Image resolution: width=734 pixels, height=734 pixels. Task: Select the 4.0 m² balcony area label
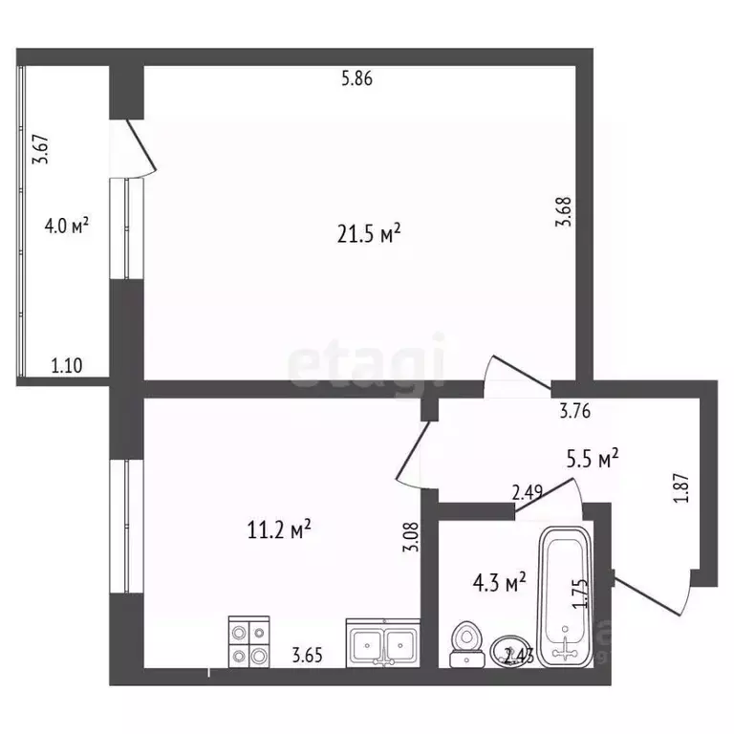click(67, 227)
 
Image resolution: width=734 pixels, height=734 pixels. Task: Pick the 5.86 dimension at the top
click(356, 80)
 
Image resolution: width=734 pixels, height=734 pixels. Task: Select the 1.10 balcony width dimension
click(66, 364)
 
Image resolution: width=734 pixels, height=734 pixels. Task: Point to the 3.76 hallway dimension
click(575, 414)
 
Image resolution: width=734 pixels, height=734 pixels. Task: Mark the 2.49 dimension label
click(529, 493)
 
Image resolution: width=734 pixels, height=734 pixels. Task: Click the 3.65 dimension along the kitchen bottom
click(307, 655)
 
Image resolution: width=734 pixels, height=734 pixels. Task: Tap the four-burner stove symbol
click(249, 642)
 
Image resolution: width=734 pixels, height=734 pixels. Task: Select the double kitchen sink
click(382, 643)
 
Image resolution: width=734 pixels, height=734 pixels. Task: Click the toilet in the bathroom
click(465, 643)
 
